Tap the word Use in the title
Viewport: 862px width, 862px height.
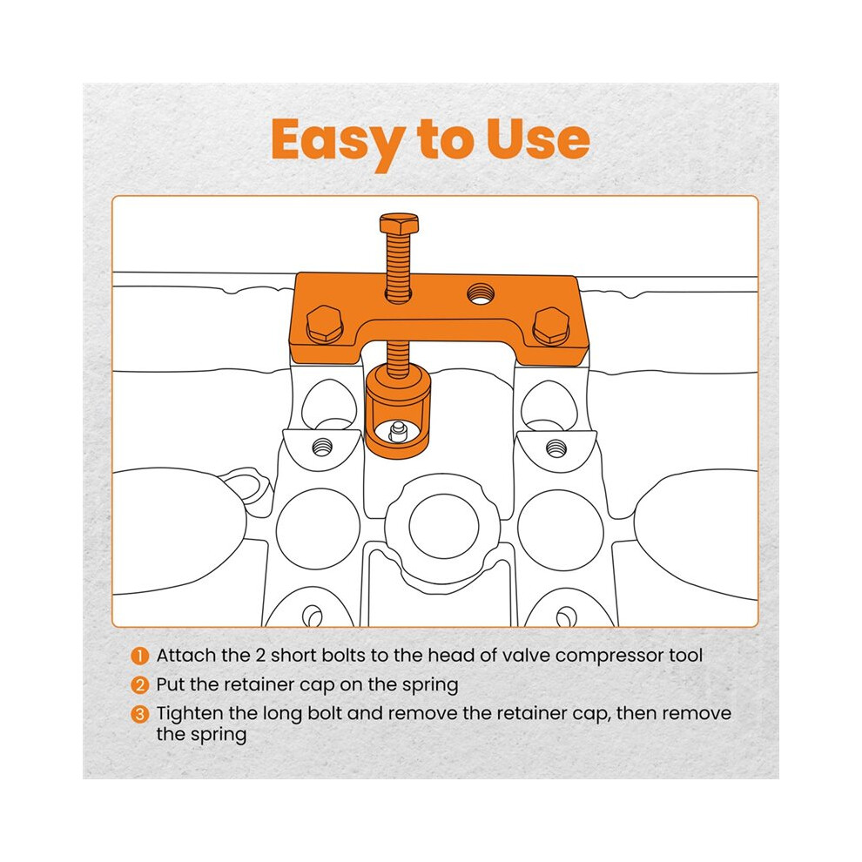537,139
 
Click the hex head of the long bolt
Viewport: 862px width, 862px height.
399,223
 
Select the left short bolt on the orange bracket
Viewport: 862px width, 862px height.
325,324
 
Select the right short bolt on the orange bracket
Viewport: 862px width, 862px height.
552,326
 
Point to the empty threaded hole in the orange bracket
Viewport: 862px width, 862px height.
480,293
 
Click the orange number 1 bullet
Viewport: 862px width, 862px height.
139,656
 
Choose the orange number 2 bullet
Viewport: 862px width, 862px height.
139,685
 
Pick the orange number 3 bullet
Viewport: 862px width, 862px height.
139,714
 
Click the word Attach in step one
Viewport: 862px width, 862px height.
185,656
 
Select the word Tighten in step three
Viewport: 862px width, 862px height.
190,715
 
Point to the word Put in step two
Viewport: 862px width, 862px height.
168,684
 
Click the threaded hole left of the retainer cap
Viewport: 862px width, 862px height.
322,448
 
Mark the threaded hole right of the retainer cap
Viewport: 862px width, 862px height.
556,448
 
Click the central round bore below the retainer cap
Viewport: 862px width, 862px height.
444,526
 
